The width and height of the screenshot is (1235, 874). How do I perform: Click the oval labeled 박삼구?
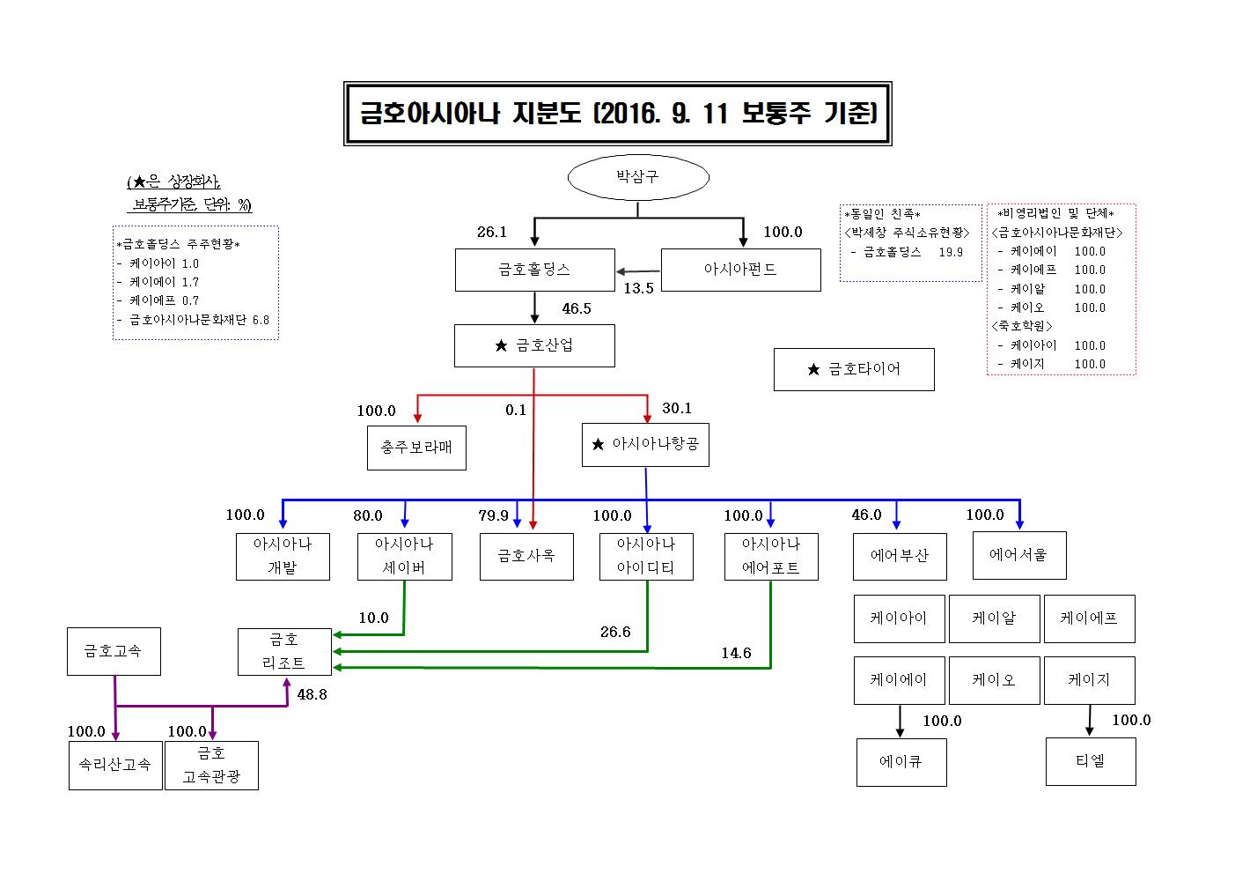coord(638,177)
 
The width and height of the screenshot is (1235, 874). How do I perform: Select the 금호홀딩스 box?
coord(534,270)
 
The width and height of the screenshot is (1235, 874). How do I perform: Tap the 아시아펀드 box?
coord(740,270)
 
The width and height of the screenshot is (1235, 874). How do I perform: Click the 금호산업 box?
coord(534,345)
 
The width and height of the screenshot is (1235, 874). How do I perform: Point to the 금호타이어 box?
coord(853,369)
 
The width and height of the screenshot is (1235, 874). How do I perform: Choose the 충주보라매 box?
coord(416,448)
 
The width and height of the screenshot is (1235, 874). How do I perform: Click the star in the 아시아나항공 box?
coord(599,445)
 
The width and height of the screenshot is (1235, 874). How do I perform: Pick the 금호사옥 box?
coord(526,556)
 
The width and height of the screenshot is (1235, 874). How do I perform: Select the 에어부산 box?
coord(900,556)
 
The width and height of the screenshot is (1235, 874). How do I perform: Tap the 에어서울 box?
coord(1018,555)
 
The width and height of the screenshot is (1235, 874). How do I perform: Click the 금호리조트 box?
coord(284,652)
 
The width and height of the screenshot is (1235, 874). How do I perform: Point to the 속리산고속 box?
coord(115,765)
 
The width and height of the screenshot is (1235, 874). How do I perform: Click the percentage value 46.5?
coord(577,308)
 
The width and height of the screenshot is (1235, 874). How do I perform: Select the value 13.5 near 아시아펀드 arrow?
coord(638,288)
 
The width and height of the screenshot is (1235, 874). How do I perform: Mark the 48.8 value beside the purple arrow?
coord(312,694)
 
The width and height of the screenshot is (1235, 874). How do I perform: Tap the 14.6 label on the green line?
coord(736,653)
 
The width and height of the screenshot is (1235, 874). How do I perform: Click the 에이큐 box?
coord(901,762)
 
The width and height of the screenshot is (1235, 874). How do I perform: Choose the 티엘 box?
coord(1090,761)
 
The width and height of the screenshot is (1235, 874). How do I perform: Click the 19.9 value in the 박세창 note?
coord(951,252)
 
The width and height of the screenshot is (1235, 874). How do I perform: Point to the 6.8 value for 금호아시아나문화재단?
coord(261,320)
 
